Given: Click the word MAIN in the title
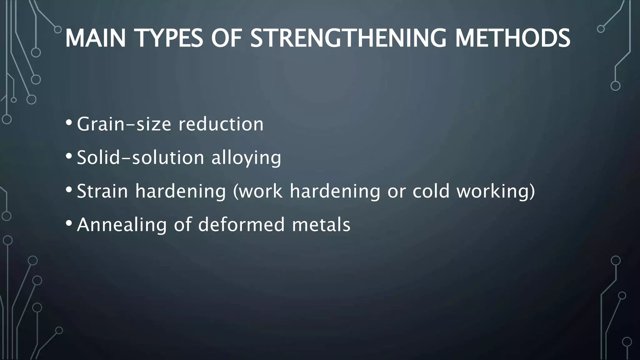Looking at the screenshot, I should pos(95,38).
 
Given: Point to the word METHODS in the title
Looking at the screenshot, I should pos(512,38).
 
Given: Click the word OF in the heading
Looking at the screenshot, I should pos(227,38).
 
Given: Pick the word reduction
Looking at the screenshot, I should pos(221,124).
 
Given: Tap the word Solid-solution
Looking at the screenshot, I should pos(141,157).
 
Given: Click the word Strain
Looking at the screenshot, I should pos(102,191).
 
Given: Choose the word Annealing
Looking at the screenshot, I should pos(122,225).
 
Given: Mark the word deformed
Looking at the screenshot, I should pos(241,224).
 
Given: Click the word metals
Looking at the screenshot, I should pos(321,224).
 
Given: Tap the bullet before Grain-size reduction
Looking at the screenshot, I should pos(69,122).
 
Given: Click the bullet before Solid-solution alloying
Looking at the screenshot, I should pos(69,156).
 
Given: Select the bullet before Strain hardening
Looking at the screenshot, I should pos(69,189).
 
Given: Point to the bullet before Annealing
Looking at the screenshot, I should pos(69,223).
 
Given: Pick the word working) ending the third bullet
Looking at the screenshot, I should pos(496,192).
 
